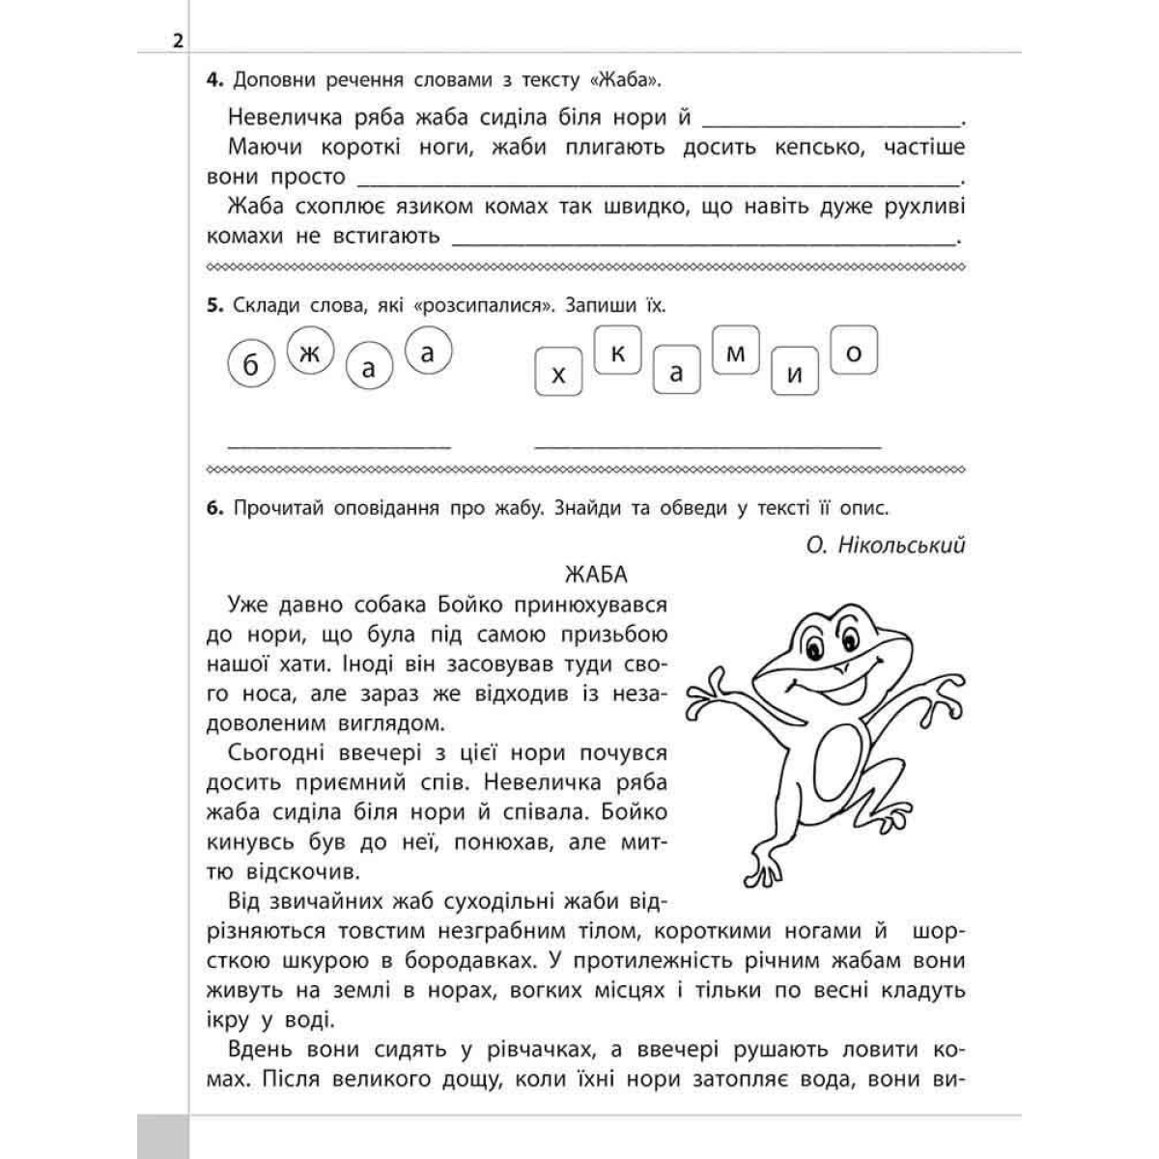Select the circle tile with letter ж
tap(309, 354)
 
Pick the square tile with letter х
tap(557, 373)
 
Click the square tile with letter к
tap(617, 353)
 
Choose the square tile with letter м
tap(735, 353)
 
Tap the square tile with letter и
tap(795, 373)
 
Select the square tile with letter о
tap(853, 353)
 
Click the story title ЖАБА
tap(596, 575)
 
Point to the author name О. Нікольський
tap(886, 546)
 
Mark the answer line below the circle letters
tap(339, 445)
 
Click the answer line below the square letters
tap(707, 445)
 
